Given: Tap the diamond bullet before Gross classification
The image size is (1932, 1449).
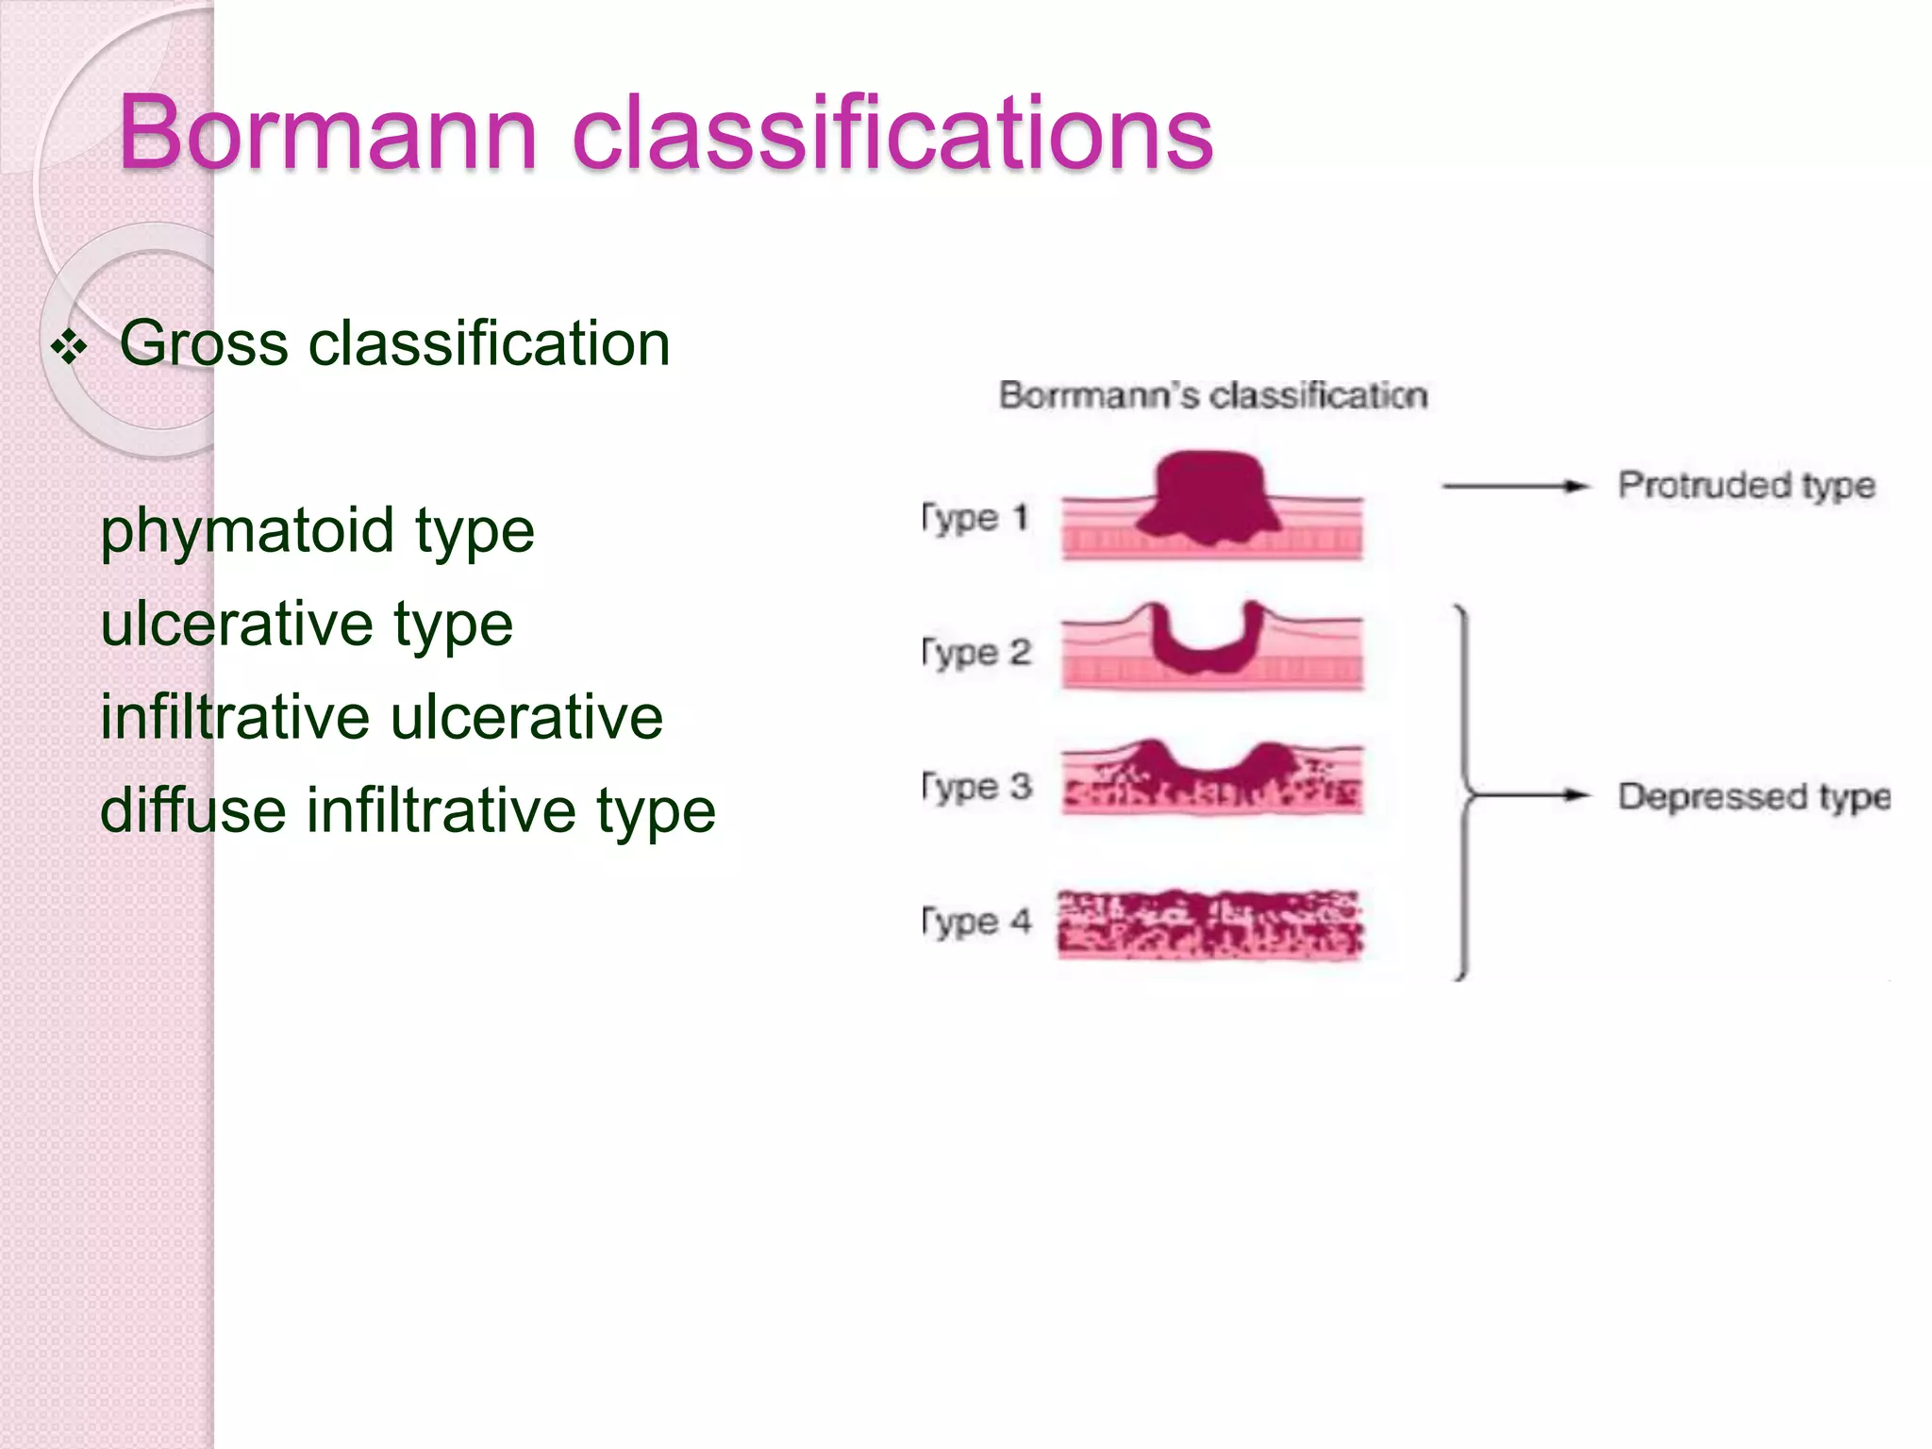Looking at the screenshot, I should pyautogui.click(x=69, y=347).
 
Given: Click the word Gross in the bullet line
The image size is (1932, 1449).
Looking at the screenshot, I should pyautogui.click(x=203, y=342).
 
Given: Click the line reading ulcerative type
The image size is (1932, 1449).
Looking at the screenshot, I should pyautogui.click(x=307, y=625).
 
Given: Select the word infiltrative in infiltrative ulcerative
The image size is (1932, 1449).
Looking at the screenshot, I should pyautogui.click(x=236, y=717).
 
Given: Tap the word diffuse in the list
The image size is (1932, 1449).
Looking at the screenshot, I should pyautogui.click(x=192, y=810).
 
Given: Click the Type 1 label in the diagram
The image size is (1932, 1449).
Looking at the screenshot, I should pyautogui.click(x=974, y=518).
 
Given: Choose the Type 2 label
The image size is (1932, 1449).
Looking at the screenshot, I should pyautogui.click(x=976, y=652).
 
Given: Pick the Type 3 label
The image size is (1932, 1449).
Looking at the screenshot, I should pyautogui.click(x=976, y=787).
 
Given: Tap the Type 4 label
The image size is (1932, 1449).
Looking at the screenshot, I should pyautogui.click(x=976, y=921).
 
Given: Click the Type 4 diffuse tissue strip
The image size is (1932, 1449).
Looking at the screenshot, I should pyautogui.click(x=1210, y=924).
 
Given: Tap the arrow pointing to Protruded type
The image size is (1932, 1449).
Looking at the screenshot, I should pyautogui.click(x=1514, y=486).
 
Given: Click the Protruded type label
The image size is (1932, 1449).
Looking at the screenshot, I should pyautogui.click(x=1746, y=485).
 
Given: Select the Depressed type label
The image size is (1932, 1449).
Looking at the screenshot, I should pyautogui.click(x=1754, y=796).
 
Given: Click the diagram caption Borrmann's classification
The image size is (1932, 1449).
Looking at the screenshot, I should pyautogui.click(x=1213, y=395).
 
